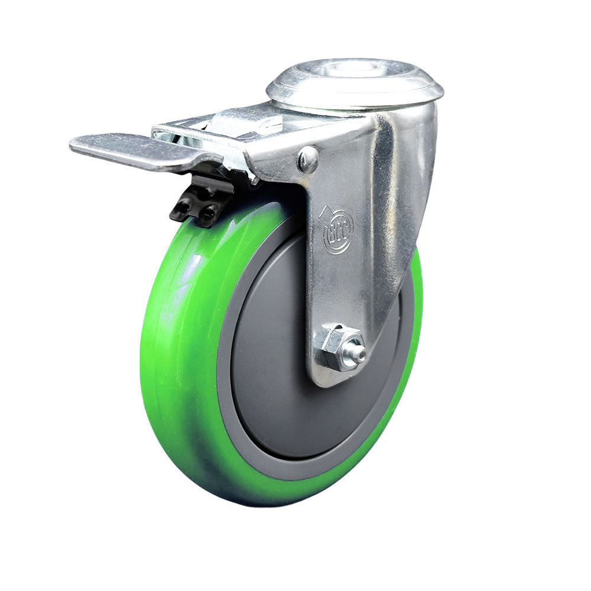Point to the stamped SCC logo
coord(338,229)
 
